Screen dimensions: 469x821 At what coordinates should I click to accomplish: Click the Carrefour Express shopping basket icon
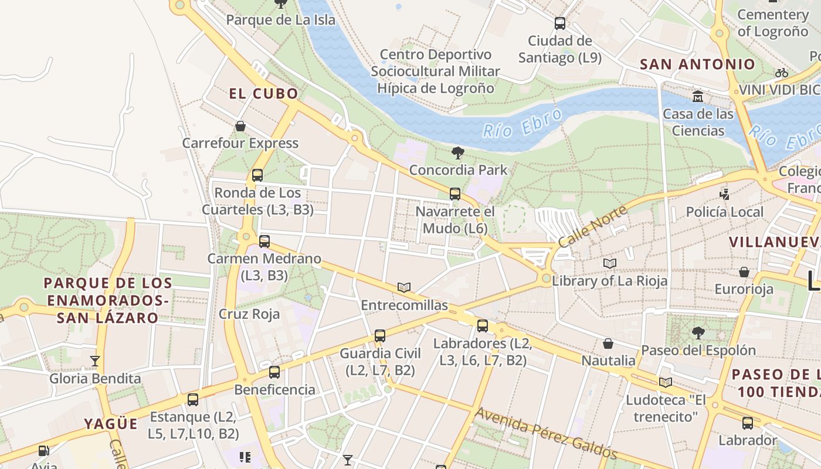[x=240, y=126]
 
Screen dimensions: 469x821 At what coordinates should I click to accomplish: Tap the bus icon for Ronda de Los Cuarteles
[x=257, y=175]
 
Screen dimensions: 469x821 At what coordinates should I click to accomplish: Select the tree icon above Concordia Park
[x=458, y=153]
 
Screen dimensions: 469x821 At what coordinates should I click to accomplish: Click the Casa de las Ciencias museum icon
[x=698, y=96]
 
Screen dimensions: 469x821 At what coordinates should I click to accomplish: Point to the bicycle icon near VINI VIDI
[x=781, y=73]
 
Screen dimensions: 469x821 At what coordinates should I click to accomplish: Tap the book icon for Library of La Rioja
[x=610, y=264]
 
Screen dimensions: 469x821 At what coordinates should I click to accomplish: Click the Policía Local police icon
[x=725, y=194]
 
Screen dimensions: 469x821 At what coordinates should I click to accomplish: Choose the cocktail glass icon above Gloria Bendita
[x=95, y=361]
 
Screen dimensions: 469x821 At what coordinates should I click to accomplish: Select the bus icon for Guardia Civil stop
[x=380, y=336]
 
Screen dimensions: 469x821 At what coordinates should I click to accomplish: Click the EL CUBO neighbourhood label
[x=263, y=94]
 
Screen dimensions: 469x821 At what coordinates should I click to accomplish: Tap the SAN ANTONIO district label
[x=697, y=64]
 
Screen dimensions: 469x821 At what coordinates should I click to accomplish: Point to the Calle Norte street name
[x=592, y=226]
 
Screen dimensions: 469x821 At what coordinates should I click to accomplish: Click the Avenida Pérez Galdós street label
[x=545, y=433]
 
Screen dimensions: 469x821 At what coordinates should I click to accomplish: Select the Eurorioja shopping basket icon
[x=744, y=272]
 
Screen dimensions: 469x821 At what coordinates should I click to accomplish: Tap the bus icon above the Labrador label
[x=747, y=423]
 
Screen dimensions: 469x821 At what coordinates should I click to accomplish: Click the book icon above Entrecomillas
[x=403, y=287]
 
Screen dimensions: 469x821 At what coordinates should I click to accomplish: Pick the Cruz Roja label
[x=249, y=314]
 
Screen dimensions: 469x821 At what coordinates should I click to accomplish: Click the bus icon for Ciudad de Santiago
[x=560, y=23]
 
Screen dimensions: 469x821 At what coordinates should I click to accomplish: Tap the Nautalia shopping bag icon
[x=608, y=343]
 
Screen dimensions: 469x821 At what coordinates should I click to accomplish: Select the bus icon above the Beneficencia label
[x=274, y=372]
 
